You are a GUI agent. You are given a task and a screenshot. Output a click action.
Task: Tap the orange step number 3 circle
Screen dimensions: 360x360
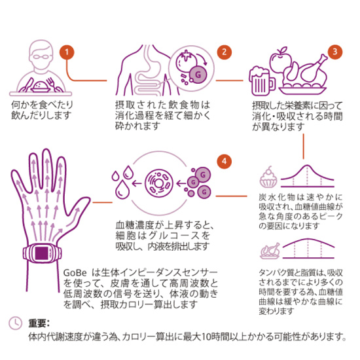click(x=334, y=51)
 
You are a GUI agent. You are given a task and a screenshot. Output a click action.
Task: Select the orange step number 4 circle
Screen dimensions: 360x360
click(x=224, y=161)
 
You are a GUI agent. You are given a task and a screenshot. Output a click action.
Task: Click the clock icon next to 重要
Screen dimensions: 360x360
click(x=15, y=323)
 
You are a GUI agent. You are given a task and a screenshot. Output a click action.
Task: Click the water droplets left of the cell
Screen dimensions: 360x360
click(x=122, y=184)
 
